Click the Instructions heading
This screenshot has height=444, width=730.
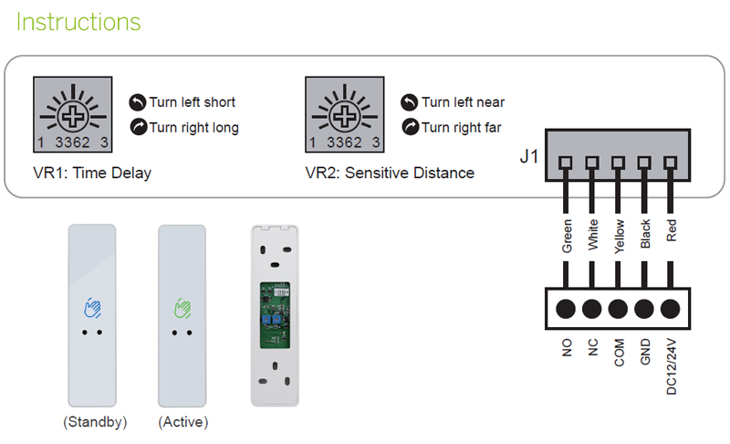click(x=78, y=22)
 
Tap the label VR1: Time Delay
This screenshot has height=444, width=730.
click(x=91, y=173)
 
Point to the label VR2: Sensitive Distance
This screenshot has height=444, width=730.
click(x=390, y=173)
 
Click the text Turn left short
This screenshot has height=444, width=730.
click(x=192, y=102)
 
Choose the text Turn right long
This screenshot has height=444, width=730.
click(x=193, y=128)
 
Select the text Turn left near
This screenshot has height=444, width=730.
click(x=463, y=102)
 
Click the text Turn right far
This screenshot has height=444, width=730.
click(x=461, y=128)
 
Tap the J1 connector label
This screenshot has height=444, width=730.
click(x=529, y=156)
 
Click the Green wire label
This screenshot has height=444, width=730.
click(x=567, y=236)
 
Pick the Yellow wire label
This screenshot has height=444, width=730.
click(x=619, y=235)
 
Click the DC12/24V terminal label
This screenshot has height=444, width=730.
click(x=673, y=365)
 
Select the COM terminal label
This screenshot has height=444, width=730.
click(x=619, y=351)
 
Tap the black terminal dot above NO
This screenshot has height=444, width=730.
click(x=567, y=308)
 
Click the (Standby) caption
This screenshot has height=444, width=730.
click(x=95, y=422)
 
